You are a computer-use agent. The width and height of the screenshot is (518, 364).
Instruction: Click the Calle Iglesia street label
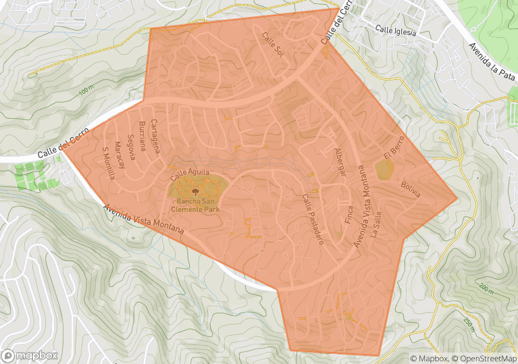click(396, 30)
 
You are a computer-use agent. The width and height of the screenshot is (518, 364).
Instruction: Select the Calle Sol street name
click(274, 43)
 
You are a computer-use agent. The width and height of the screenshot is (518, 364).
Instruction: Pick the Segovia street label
click(132, 147)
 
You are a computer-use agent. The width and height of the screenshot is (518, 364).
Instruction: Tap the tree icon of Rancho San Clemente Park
click(195, 191)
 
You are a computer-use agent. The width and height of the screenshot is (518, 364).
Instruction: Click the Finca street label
click(349, 216)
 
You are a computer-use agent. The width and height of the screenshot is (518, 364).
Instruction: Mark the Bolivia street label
click(410, 189)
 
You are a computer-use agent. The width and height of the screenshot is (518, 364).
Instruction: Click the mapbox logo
click(30, 355)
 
